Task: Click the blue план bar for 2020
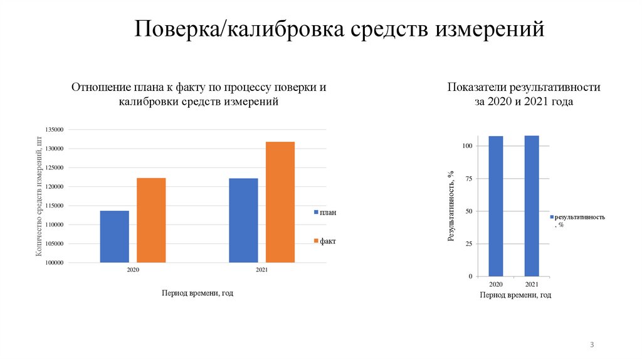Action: [x=114, y=236]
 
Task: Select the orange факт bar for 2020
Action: [x=151, y=220]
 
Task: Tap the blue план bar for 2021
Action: [x=243, y=220]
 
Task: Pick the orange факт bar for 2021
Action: [x=280, y=202]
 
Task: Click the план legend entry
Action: [x=325, y=213]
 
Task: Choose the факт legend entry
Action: [x=325, y=241]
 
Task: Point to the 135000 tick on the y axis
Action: [x=55, y=130]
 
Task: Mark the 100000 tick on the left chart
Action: [x=55, y=263]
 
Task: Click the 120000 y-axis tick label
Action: [x=55, y=187]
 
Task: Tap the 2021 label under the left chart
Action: [x=262, y=270]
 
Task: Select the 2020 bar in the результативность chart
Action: [x=496, y=206]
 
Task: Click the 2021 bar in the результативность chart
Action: [x=531, y=206]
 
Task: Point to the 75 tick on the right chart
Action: [x=468, y=179]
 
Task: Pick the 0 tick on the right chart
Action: [x=470, y=277]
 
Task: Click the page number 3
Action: [x=592, y=346]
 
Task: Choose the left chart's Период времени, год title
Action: [x=197, y=293]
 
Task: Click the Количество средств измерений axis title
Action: [x=39, y=196]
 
